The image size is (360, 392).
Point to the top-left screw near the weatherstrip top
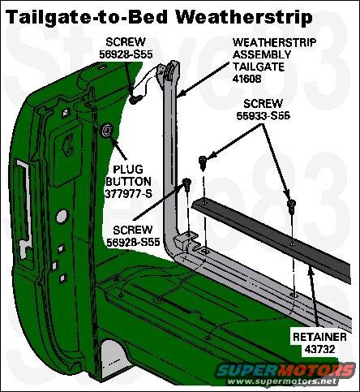pyautogui.click(x=135, y=99)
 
